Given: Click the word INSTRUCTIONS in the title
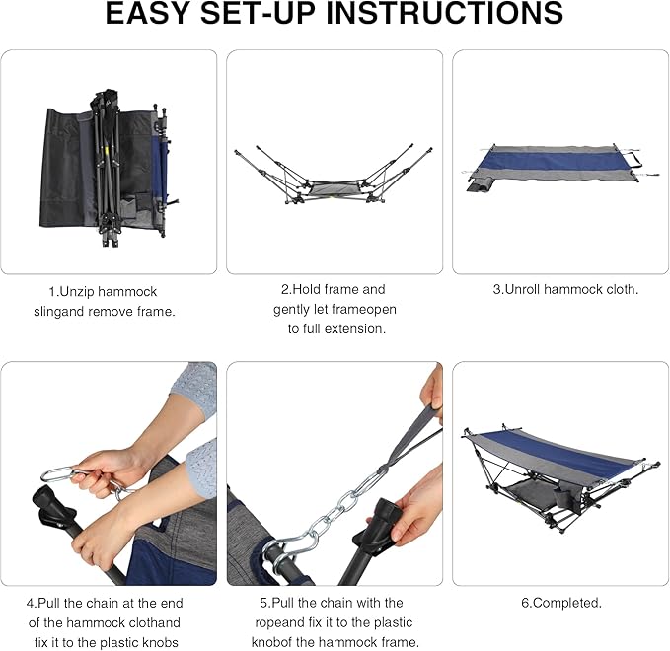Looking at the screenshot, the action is pyautogui.click(x=445, y=13).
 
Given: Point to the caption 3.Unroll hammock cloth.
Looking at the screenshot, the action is pyautogui.click(x=565, y=289).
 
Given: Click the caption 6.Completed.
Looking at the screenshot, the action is pyautogui.click(x=561, y=603).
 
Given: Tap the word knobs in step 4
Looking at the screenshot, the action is pyautogui.click(x=161, y=642).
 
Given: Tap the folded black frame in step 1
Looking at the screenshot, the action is pyautogui.click(x=108, y=167).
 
